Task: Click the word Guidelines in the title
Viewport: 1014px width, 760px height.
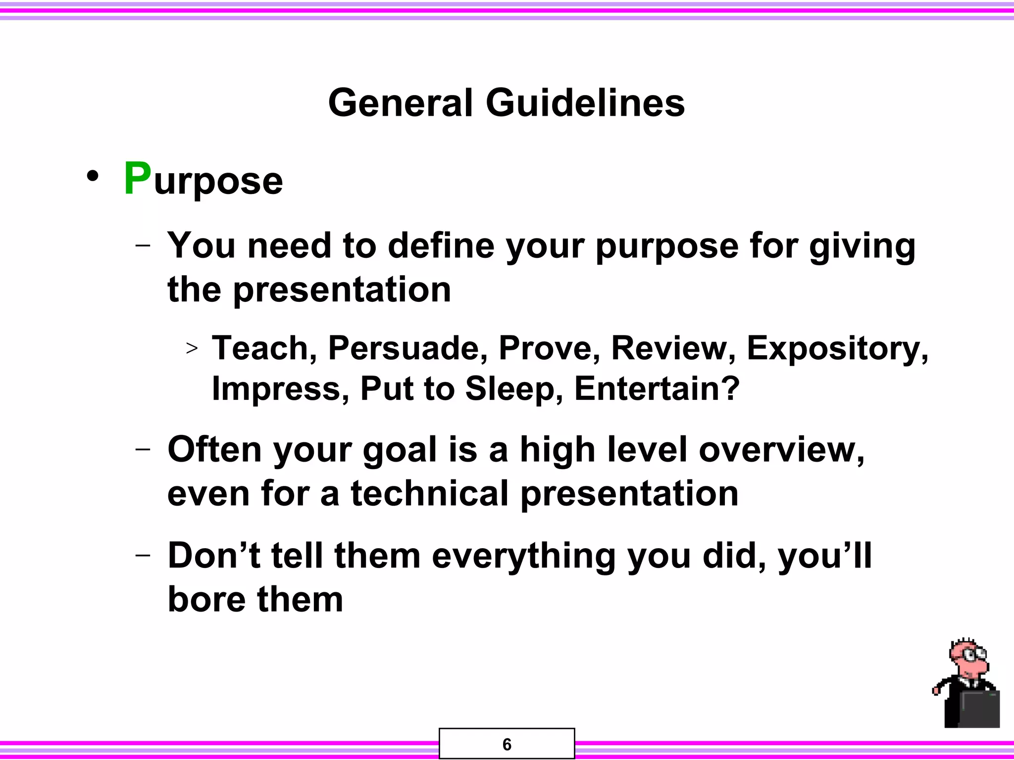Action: [585, 103]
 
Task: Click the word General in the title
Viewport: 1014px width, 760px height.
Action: [401, 103]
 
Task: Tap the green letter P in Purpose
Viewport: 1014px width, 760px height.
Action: [137, 179]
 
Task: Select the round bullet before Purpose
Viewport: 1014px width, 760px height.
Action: [93, 177]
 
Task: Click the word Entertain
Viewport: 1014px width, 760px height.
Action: [657, 389]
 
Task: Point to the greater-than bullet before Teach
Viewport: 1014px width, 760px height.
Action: [192, 348]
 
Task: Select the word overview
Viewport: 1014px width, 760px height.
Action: [781, 450]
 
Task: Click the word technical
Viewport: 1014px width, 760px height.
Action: [429, 494]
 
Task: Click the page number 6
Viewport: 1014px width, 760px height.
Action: [507, 744]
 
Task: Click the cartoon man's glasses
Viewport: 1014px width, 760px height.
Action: [972, 655]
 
